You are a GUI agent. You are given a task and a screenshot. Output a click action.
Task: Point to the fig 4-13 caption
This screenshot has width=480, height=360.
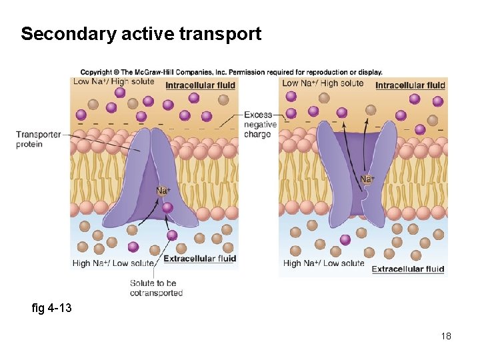(x=51, y=308)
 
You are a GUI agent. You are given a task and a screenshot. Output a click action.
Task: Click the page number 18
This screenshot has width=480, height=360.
(x=446, y=336)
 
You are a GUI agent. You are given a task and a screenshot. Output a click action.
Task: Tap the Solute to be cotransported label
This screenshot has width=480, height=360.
(x=156, y=288)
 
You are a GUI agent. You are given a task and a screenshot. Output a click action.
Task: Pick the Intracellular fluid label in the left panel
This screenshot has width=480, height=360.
(x=200, y=85)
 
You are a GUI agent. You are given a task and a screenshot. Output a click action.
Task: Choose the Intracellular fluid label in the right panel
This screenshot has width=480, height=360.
(x=410, y=85)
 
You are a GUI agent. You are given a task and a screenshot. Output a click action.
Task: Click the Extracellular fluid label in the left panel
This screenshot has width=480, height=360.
(x=199, y=259)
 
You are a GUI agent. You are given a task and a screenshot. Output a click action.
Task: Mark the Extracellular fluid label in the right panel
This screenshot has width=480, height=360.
(x=407, y=269)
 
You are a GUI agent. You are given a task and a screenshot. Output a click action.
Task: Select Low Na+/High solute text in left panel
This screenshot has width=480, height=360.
(x=113, y=82)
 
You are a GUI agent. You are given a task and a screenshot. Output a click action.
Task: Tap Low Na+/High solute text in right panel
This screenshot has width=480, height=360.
(x=323, y=83)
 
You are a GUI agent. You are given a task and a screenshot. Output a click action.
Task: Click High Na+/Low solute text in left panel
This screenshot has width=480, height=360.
(x=111, y=263)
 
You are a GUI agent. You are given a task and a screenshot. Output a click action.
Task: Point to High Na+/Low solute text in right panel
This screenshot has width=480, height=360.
(x=323, y=263)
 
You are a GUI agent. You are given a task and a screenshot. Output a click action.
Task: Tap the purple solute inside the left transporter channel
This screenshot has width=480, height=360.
(x=167, y=207)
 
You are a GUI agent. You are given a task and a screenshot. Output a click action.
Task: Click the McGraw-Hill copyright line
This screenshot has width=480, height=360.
(x=231, y=72)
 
